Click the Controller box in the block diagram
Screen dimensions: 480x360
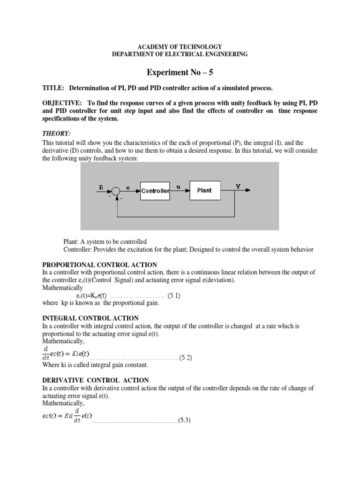(155, 191)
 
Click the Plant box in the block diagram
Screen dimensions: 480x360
(204, 190)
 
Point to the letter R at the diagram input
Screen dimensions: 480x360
(100, 187)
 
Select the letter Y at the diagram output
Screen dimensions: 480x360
(238, 186)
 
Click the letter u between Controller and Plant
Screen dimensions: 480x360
(178, 186)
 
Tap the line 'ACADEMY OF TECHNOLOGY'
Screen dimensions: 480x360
(180, 46)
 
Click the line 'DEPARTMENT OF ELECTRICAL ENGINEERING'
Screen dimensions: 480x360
(180, 54)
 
